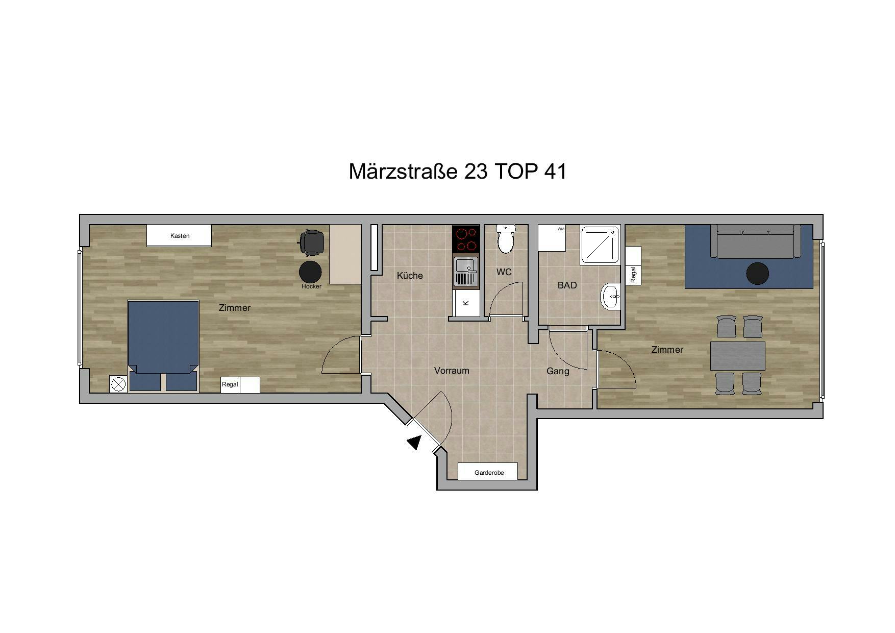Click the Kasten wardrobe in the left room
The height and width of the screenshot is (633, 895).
coord(179,235)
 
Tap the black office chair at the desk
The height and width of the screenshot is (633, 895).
coord(311,242)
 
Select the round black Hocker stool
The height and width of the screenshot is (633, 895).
coord(310,272)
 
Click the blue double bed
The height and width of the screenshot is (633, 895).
coord(163,346)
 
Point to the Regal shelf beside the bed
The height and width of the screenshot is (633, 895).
coord(240,384)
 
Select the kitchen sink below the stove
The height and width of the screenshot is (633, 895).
coord(466,271)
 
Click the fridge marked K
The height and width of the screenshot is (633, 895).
coord(466,303)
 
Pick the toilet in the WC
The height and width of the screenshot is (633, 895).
coord(506,239)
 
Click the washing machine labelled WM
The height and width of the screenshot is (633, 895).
coord(552,238)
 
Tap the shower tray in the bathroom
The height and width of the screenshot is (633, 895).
coord(600,245)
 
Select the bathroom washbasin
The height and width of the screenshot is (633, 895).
coord(610,297)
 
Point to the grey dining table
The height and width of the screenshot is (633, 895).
coord(738,356)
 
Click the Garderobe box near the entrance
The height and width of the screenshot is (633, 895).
coord(488,472)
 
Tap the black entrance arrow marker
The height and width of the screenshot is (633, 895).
coord(415,442)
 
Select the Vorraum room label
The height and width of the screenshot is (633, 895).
coord(452,371)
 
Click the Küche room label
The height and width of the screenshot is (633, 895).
coord(410,276)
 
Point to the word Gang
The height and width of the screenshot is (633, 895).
coord(558,372)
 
